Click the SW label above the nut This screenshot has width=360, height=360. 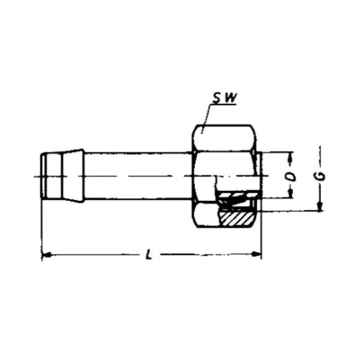pyautogui.click(x=224, y=98)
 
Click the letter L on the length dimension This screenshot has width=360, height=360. pyautogui.click(x=149, y=254)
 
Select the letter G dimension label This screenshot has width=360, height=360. pyautogui.click(x=322, y=176)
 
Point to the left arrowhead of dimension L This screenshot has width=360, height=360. pyautogui.click(x=47, y=254)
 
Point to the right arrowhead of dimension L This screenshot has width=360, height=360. pyautogui.click(x=256, y=254)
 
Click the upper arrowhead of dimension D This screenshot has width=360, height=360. pyautogui.click(x=290, y=157)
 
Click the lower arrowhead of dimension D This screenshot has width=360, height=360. pyautogui.click(x=290, y=193)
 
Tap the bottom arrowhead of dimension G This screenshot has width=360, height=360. pyautogui.click(x=320, y=206)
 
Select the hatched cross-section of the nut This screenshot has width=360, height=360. pyautogui.click(x=236, y=218)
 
